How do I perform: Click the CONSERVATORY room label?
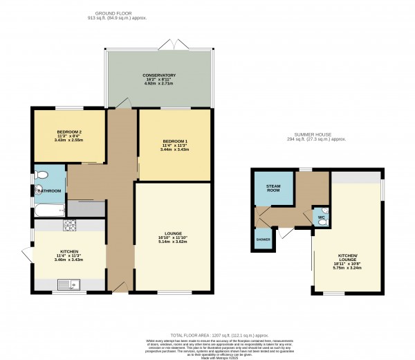(x=159, y=75)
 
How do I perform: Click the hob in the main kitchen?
(x=70, y=225)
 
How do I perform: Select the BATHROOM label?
(x=49, y=191)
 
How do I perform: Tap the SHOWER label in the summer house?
(x=263, y=239)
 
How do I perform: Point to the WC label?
(x=320, y=219)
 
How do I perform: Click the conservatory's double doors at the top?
(x=169, y=45)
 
